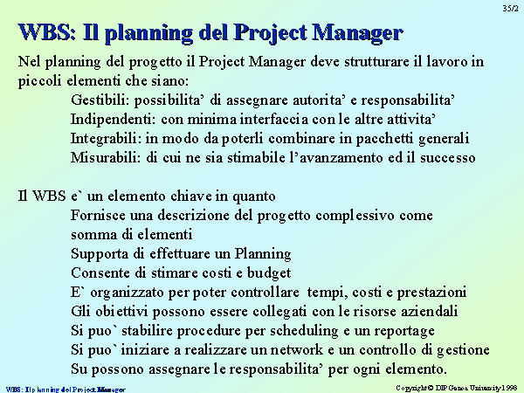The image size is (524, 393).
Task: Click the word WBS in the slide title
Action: [47, 32]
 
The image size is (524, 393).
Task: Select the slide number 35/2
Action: [510, 8]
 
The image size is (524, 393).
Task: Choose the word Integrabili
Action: [106, 138]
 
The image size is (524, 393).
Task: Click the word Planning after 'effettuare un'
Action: [263, 254]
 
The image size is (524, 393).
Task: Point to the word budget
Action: [269, 273]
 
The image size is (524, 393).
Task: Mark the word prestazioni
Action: [431, 293]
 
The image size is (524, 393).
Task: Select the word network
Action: [296, 350]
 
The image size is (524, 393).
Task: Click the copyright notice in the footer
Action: [457, 388]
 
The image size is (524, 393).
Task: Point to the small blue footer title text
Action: [65, 390]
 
